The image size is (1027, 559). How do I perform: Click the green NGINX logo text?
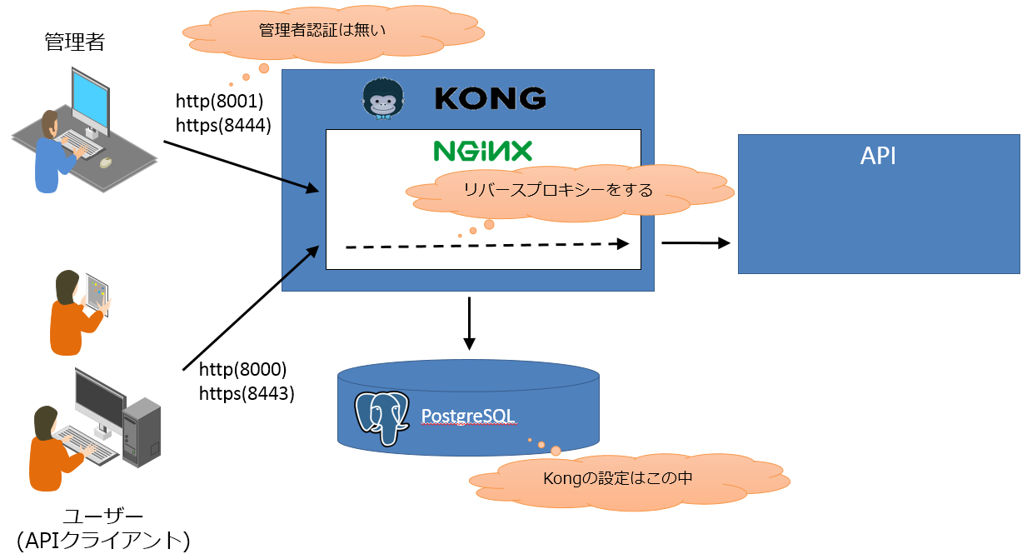point(482,151)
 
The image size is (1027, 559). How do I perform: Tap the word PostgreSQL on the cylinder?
point(467,416)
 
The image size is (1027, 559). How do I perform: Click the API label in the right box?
point(878,157)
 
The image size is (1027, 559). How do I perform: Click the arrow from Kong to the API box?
point(695,243)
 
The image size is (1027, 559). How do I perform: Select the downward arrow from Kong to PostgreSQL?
point(469,322)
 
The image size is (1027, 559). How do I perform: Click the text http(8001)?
point(219,102)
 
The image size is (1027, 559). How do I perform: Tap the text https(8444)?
point(223,125)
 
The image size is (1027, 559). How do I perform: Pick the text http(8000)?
point(242,369)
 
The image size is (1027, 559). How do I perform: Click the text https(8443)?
point(247,392)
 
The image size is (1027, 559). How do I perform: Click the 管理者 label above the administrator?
point(74,41)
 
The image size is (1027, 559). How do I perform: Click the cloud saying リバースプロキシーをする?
point(558,190)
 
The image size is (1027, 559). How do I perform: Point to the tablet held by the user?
point(98,293)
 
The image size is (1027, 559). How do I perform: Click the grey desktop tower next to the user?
point(141,431)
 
